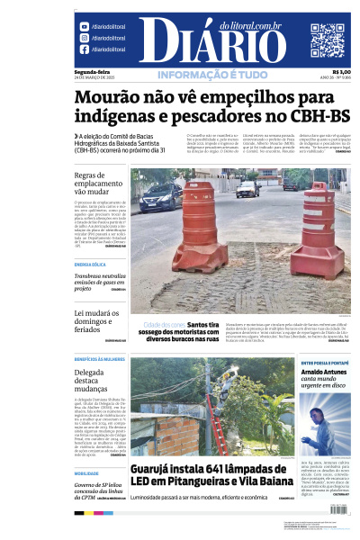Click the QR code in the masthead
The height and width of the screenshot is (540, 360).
[328, 40]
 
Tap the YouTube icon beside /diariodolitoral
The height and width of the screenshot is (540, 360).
[84, 27]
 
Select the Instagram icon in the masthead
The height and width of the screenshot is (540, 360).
[84, 38]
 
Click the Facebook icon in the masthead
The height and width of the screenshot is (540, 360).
[84, 49]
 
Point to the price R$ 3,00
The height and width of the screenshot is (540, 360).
[341, 72]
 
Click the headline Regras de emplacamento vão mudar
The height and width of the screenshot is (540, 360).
[98, 184]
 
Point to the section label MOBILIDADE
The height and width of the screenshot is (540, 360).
[86, 472]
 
